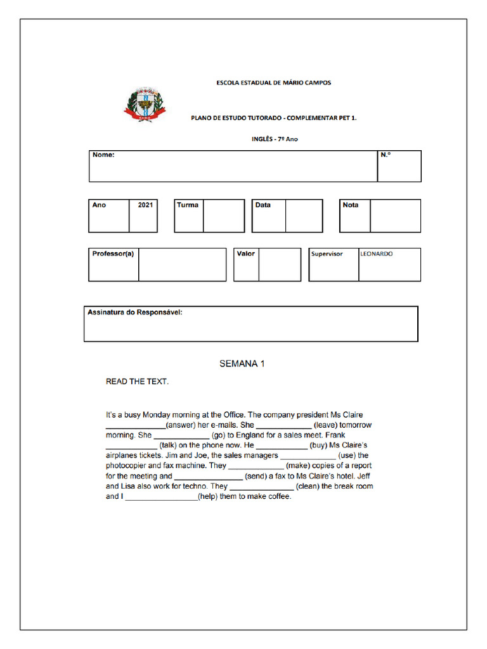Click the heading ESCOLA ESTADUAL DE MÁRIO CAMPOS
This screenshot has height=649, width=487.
[273, 82]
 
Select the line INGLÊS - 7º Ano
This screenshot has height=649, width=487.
[275, 139]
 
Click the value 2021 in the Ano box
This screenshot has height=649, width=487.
[145, 205]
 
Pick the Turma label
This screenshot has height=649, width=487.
[188, 205]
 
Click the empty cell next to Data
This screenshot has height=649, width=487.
[304, 216]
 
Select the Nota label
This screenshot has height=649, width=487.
[351, 205]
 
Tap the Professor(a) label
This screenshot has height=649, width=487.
[113, 254]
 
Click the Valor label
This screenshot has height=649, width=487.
[245, 254]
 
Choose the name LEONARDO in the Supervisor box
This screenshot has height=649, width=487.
[377, 254]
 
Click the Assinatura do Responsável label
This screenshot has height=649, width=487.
[134, 312]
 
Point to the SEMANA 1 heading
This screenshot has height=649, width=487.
[242, 364]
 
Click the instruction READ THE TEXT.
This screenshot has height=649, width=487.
[137, 382]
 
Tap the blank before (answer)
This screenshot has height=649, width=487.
[135, 426]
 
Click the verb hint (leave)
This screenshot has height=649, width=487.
[325, 425]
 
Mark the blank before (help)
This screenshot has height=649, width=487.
[161, 498]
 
